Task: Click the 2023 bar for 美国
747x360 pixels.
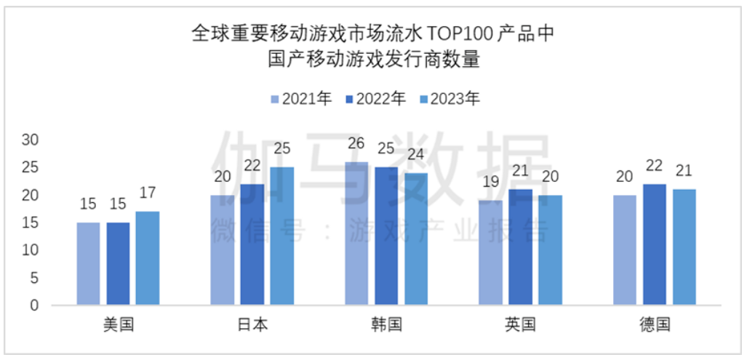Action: point(148,258)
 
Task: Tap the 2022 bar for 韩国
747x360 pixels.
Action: point(386,236)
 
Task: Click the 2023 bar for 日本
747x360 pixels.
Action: point(282,236)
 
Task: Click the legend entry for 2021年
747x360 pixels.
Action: point(301,99)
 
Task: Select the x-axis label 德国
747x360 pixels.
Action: point(655,325)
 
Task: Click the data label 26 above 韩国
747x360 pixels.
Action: point(356,143)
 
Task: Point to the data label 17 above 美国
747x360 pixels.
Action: point(148,193)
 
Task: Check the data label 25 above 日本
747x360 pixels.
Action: point(282,149)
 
